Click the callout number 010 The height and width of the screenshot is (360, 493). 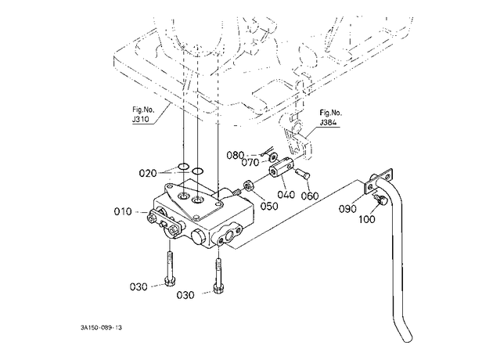pos(123,211)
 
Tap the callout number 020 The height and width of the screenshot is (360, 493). pos(148,173)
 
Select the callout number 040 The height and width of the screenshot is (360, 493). pos(286,195)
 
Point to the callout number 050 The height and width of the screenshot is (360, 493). pos(269,207)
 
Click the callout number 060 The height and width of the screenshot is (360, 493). pos(310,196)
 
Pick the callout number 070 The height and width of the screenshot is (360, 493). pos(250,163)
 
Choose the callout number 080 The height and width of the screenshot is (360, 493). pos(236,155)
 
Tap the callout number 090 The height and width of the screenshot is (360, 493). pos(347,209)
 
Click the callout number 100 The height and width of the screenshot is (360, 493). pos(367,219)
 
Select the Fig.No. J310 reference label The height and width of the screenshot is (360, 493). pos(143,115)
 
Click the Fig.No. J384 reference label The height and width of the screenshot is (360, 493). pos(331,117)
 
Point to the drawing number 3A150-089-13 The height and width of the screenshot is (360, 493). pos(101,328)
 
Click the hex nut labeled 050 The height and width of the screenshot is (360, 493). pos(249,186)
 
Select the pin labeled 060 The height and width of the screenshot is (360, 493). pos(303,173)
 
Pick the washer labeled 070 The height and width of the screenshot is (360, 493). pos(275,157)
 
